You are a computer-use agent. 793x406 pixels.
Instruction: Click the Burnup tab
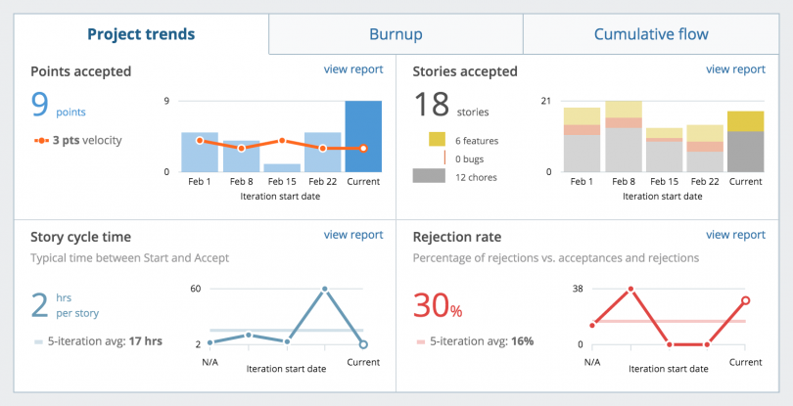(x=396, y=34)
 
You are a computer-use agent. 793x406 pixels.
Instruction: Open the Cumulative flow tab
(x=651, y=34)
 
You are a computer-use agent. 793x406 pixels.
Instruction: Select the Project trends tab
(x=141, y=34)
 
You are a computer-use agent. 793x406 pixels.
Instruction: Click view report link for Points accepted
(x=352, y=69)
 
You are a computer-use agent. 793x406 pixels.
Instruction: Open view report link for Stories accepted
(x=735, y=69)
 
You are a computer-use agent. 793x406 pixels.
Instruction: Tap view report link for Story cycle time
(x=352, y=235)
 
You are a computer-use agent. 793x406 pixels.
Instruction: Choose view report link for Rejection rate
(x=735, y=235)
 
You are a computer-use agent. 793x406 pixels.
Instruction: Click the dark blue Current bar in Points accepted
(x=363, y=136)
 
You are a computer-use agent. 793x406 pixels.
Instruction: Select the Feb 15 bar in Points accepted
(x=281, y=167)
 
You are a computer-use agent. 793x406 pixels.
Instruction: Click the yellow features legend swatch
(x=437, y=141)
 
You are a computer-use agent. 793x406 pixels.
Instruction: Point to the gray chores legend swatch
(x=429, y=176)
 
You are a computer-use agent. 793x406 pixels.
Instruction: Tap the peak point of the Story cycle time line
(x=325, y=289)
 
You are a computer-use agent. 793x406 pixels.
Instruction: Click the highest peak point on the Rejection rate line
(x=630, y=289)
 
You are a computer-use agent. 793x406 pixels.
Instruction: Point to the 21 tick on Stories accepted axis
(x=546, y=101)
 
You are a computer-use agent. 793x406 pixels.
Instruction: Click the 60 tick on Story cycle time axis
(x=195, y=289)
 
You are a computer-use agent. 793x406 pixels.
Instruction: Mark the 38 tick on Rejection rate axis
(x=577, y=289)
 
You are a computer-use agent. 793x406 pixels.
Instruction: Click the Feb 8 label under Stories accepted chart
(x=623, y=182)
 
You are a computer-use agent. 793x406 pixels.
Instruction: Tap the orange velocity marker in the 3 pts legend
(x=41, y=140)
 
